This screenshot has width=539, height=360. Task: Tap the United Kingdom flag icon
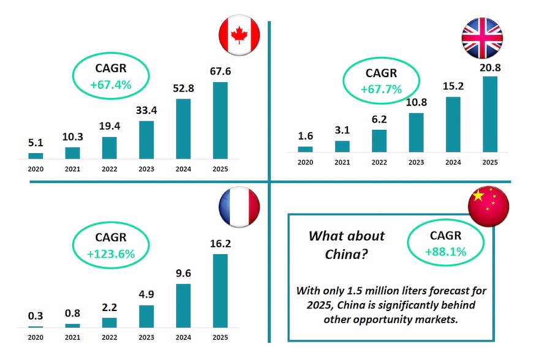pos(482,38)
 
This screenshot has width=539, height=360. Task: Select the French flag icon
pos(239,206)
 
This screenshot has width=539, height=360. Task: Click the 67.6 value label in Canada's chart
pos(220,72)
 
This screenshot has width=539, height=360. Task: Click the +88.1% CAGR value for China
pos(445,252)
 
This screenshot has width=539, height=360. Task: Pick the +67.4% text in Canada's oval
pos(111,84)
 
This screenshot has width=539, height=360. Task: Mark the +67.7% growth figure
pos(381,89)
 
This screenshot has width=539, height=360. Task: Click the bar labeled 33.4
pos(146,140)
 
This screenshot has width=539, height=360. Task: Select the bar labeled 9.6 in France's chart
pos(183,305)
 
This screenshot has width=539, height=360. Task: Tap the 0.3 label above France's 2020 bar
pos(36,316)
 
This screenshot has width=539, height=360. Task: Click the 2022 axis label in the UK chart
pos(379,162)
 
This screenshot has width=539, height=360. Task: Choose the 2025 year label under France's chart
pos(220,337)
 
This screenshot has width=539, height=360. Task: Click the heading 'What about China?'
pos(346,244)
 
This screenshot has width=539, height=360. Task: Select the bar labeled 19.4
pos(110,148)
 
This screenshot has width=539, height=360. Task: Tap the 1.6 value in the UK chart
pos(305,137)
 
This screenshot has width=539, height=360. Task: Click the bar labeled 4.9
pos(146,315)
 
